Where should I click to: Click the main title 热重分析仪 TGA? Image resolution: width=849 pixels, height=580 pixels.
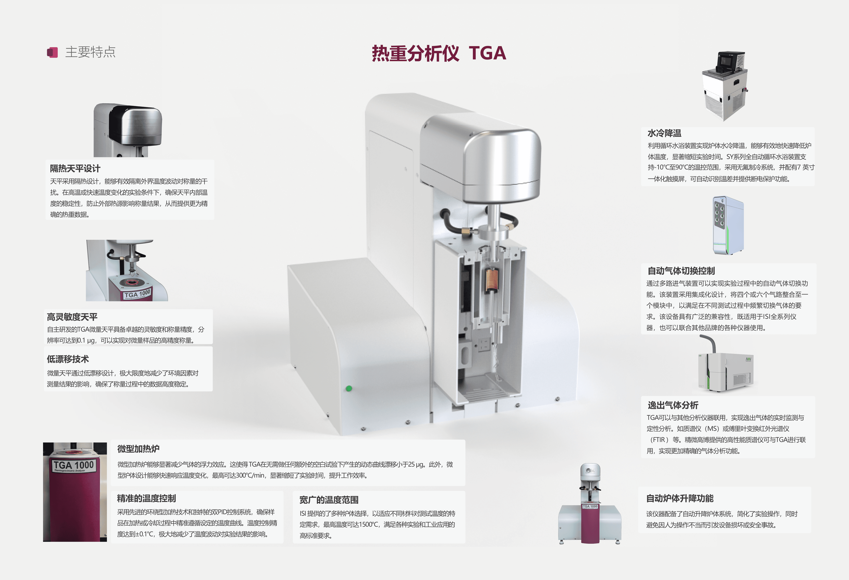pos(439,53)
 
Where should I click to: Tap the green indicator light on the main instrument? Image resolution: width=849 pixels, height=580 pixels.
pos(349,388)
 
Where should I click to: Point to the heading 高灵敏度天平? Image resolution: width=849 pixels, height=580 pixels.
pos(72,317)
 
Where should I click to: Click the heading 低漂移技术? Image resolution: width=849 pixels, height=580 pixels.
pos(68,359)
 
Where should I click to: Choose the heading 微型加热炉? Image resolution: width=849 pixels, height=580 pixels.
pos(138,449)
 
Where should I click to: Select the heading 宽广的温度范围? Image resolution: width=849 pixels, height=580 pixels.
pos(329,500)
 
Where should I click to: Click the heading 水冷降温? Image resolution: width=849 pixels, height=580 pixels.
pos(665,133)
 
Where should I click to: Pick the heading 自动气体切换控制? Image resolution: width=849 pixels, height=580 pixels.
pos(681,271)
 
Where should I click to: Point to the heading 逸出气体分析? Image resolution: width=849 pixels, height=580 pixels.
pos(673,405)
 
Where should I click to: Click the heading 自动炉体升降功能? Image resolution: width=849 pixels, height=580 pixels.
pos(680,498)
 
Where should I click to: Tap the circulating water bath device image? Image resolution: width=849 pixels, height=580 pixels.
pos(724,86)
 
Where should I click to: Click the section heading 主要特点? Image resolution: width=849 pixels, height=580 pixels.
pos(90,52)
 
